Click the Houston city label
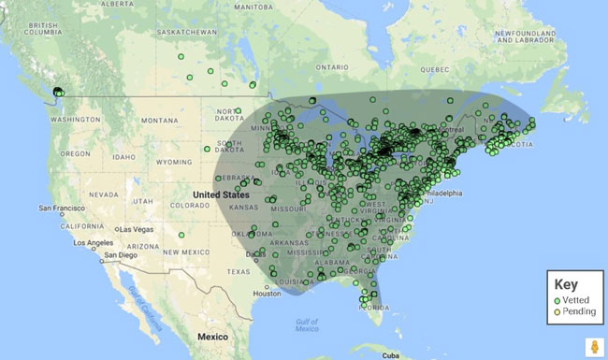tap(268, 293)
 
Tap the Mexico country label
tap(212, 335)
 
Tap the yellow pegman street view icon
tap(591, 345)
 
